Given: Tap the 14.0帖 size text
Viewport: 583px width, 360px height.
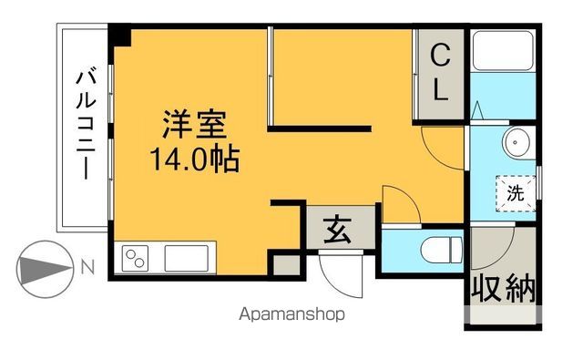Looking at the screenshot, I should pos(195,160).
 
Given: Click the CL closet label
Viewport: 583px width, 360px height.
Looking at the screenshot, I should pos(439,72).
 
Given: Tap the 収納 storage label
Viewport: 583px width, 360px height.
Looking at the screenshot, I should pos(502,290).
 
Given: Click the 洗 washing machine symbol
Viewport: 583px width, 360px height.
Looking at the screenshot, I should pos(515,193).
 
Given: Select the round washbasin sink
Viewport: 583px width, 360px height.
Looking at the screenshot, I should pos(518,143).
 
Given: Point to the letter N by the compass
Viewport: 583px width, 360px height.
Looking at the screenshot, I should pos(87,267).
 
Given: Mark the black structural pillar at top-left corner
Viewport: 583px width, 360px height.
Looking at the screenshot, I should pos(121,37).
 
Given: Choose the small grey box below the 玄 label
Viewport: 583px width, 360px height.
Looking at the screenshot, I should pos(284,263).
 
